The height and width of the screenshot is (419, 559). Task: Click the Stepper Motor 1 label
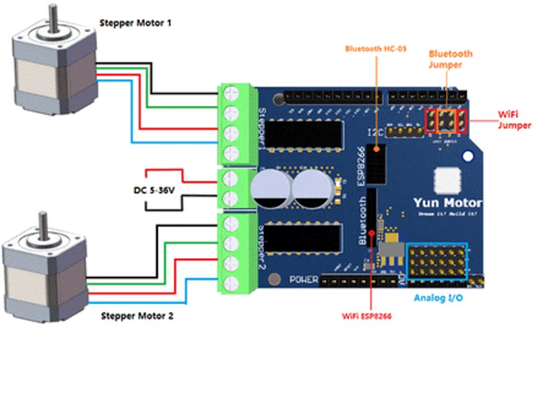(x=135, y=24)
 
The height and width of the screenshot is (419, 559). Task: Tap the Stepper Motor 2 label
(x=137, y=316)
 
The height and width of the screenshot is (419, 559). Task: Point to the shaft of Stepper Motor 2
(x=43, y=224)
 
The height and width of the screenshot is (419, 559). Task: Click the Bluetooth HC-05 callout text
(x=376, y=48)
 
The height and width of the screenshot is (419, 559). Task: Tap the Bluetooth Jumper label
(x=450, y=59)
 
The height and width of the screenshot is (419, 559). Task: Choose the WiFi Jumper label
(x=515, y=120)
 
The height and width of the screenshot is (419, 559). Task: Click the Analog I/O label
(x=438, y=298)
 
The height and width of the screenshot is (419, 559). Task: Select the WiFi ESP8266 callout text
(x=371, y=315)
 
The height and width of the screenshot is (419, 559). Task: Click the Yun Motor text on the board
(x=447, y=203)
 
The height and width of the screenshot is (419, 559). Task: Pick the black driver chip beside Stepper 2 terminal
(x=307, y=240)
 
